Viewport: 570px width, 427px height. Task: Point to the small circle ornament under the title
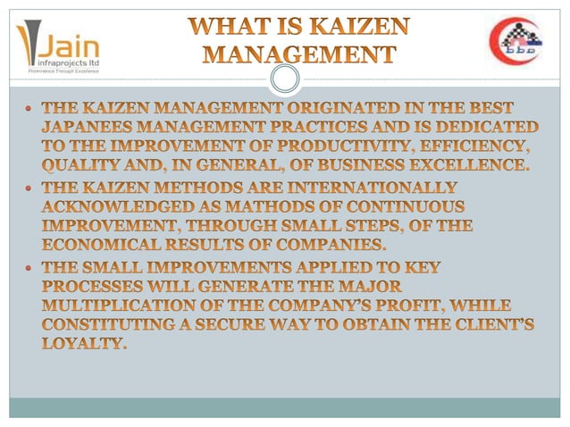click(x=284, y=81)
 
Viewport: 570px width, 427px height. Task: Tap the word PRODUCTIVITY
click(x=356, y=147)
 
